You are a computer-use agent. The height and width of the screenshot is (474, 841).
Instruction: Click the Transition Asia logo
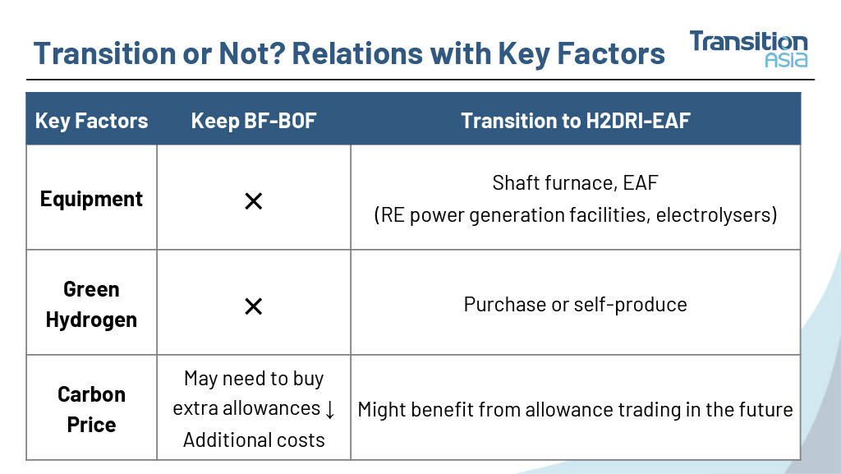(x=748, y=48)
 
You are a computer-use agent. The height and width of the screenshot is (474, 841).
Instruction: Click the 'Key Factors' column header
(x=91, y=121)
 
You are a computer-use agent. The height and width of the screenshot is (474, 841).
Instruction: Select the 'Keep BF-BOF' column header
(x=254, y=121)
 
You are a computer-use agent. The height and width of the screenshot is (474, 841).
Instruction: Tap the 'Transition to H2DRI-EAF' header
(x=576, y=121)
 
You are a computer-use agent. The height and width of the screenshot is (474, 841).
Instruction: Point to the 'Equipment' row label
(x=91, y=199)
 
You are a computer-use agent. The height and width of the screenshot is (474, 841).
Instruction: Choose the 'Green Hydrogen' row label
(x=91, y=304)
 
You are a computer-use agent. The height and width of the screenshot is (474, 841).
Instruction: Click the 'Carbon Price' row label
(x=91, y=409)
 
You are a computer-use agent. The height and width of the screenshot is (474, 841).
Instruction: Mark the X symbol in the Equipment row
(x=253, y=201)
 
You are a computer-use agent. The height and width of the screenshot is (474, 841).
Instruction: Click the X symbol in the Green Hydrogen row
(x=253, y=306)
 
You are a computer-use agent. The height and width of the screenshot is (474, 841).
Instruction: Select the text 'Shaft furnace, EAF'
(x=575, y=183)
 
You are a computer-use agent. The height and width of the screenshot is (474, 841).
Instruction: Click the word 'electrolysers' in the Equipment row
(x=713, y=214)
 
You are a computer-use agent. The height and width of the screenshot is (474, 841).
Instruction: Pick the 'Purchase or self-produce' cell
(x=575, y=304)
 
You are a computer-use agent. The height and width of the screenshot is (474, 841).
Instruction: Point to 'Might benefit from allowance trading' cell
(x=575, y=409)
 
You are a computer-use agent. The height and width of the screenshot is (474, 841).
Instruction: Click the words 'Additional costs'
(x=254, y=439)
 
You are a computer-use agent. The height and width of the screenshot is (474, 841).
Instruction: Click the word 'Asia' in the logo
(x=786, y=59)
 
